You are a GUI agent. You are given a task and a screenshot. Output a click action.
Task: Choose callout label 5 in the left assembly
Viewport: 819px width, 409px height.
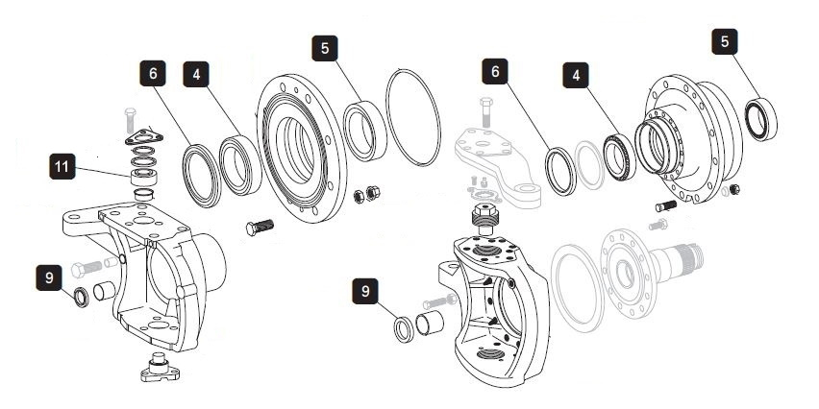327,48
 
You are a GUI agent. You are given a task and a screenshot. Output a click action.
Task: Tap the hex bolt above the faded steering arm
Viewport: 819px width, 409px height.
485,111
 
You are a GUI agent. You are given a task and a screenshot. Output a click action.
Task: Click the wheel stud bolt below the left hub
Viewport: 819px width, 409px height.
259,228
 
